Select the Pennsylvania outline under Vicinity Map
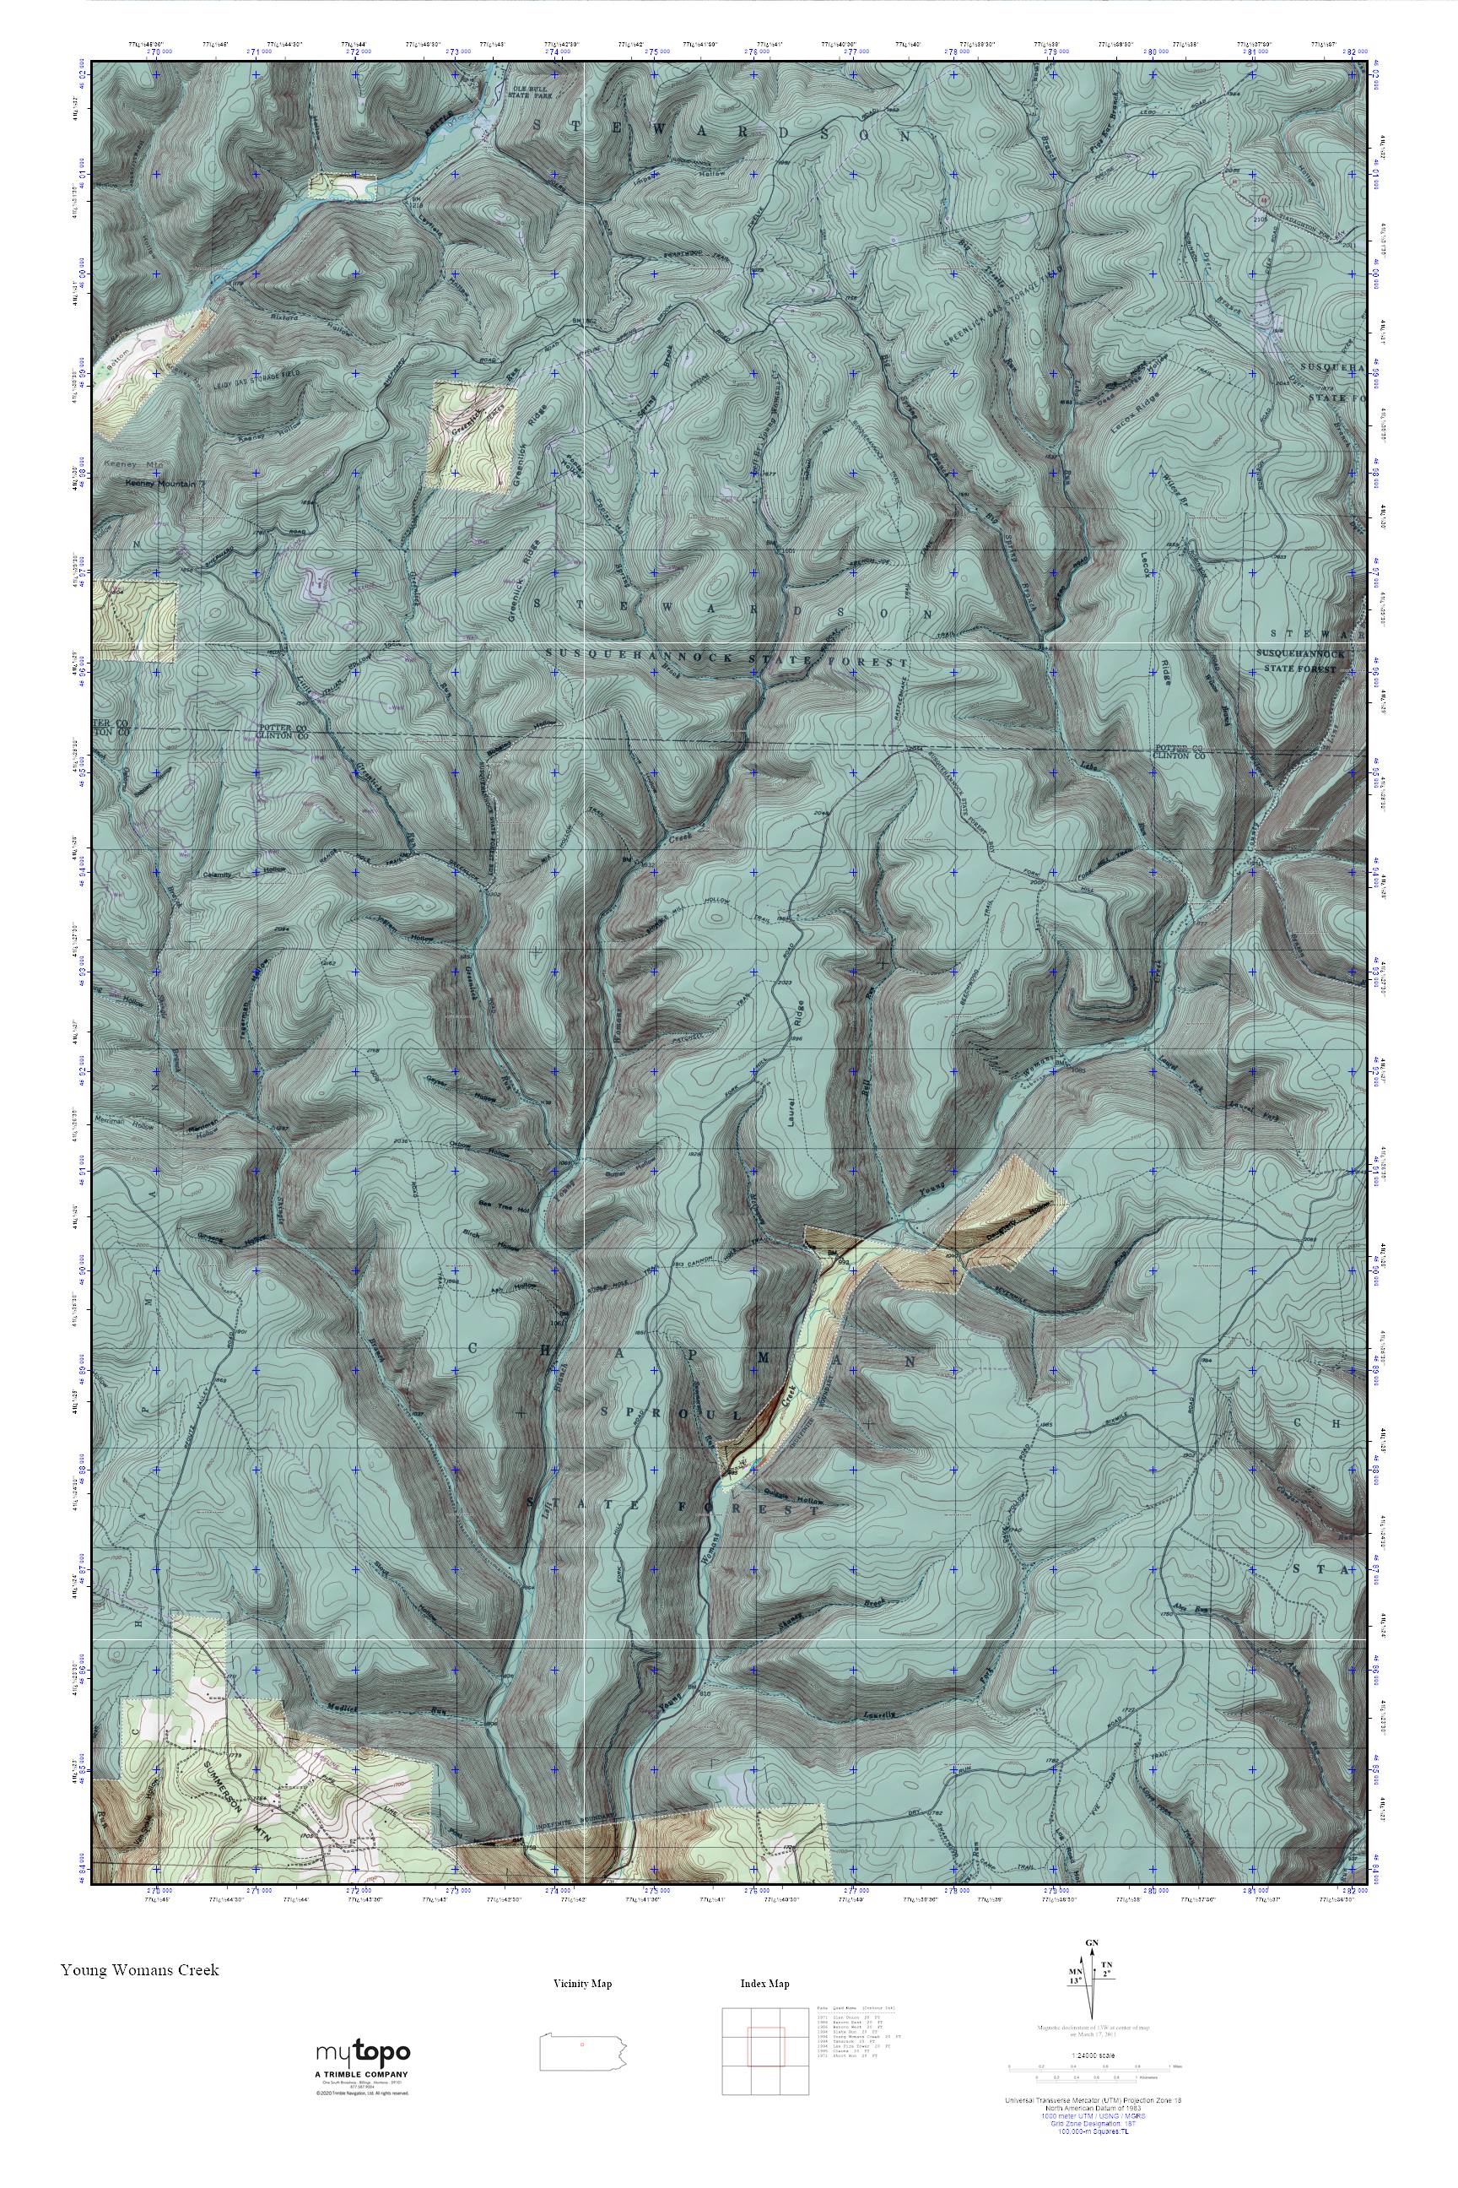click(582, 2044)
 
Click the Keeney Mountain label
click(163, 484)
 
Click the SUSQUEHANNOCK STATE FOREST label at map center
click(726, 658)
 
